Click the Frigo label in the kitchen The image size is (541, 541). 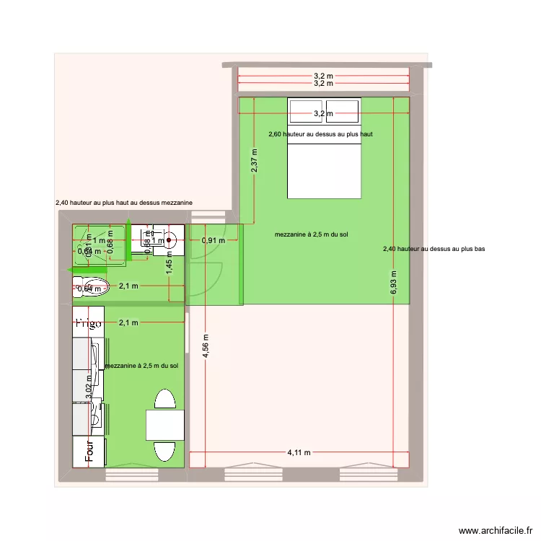[x=89, y=322]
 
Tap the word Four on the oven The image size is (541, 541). [x=89, y=451]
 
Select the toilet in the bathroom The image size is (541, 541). [x=89, y=288]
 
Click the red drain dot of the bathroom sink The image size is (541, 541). [x=170, y=241]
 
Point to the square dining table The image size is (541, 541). [x=166, y=424]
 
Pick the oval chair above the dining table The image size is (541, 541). [x=166, y=400]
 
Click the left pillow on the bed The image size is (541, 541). [x=306, y=112]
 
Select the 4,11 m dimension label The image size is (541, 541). [x=299, y=453]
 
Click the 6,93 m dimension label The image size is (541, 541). [x=394, y=283]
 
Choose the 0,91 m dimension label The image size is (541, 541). [x=212, y=240]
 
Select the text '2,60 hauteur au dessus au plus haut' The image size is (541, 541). [x=320, y=134]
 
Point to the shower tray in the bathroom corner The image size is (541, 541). [x=99, y=245]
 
